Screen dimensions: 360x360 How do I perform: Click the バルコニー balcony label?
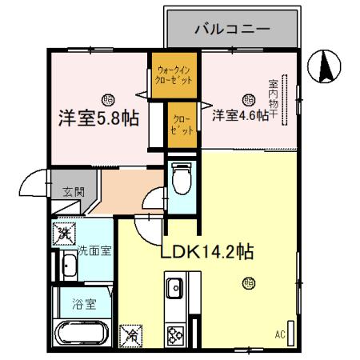(x=232, y=29)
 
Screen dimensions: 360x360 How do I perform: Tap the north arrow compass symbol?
(x=326, y=66)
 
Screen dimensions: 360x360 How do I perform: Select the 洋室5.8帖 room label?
(x=98, y=118)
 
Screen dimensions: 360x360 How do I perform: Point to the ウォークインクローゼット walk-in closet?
(x=175, y=76)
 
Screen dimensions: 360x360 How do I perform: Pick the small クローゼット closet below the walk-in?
(x=183, y=125)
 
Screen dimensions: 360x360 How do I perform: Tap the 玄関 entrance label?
(x=73, y=191)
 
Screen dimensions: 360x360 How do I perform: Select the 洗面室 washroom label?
(x=94, y=250)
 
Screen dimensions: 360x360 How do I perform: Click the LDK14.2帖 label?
(x=207, y=252)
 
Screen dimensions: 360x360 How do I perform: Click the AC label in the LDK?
(x=280, y=334)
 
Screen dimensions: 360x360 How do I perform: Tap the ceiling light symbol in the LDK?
(x=249, y=282)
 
